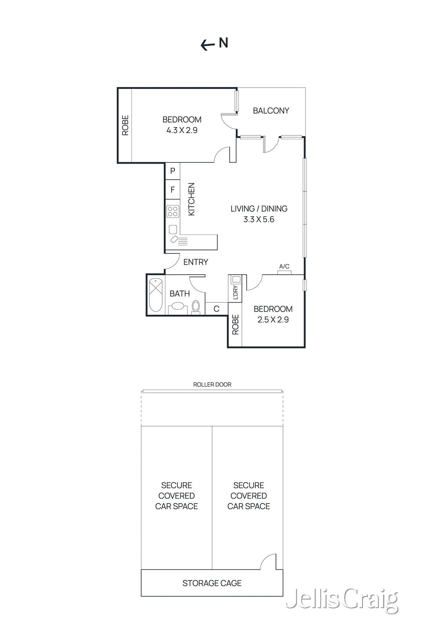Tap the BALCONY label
[x=271, y=111]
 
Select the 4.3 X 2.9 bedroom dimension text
[x=182, y=130]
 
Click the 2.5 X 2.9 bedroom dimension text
[x=273, y=319]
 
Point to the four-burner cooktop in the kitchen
[x=172, y=211]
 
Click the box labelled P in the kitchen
[x=172, y=171]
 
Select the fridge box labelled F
[x=172, y=190]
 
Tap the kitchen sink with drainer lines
[x=178, y=240]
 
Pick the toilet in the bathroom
[x=196, y=306]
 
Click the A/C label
[x=284, y=266]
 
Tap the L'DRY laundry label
[x=235, y=292]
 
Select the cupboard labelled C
[x=217, y=309]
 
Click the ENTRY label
[x=196, y=262]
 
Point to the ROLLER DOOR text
[x=212, y=385]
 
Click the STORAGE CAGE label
[x=212, y=583]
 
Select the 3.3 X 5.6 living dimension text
[x=259, y=219]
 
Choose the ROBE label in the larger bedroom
[x=125, y=125]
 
